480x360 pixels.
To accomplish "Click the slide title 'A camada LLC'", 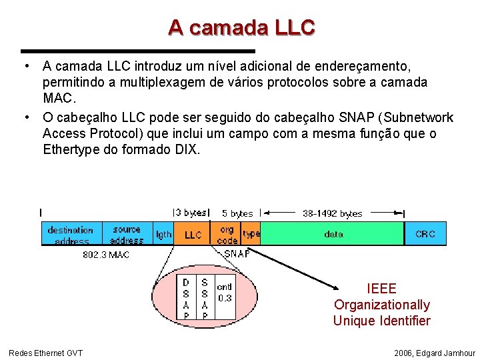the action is tap(241, 27).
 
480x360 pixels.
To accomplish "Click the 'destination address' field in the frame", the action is tap(71, 234).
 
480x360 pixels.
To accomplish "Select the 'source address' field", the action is tap(127, 234).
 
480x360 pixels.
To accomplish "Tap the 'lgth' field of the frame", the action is tap(163, 234).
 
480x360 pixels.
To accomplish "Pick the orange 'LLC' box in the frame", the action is tap(193, 235).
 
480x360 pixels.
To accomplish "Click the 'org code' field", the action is tap(227, 234).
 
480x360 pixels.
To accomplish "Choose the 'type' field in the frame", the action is tap(251, 234).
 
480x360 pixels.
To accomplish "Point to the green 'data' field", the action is tap(333, 234).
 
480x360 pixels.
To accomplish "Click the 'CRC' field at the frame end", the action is tap(425, 234).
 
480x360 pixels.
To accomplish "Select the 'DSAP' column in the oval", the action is tap(186, 298).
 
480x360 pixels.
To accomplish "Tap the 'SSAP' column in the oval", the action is tap(205, 298).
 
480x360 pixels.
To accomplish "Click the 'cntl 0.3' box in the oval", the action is tap(225, 293).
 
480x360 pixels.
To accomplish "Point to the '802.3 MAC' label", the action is tap(105, 254).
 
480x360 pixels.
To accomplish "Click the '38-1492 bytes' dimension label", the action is tap(332, 213).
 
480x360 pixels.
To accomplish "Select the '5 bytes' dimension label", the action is tap(237, 213).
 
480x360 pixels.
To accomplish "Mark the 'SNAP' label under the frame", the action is tap(237, 253).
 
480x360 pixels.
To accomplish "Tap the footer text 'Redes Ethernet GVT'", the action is tap(45, 353).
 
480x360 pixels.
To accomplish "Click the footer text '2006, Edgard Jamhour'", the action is tap(435, 353).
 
